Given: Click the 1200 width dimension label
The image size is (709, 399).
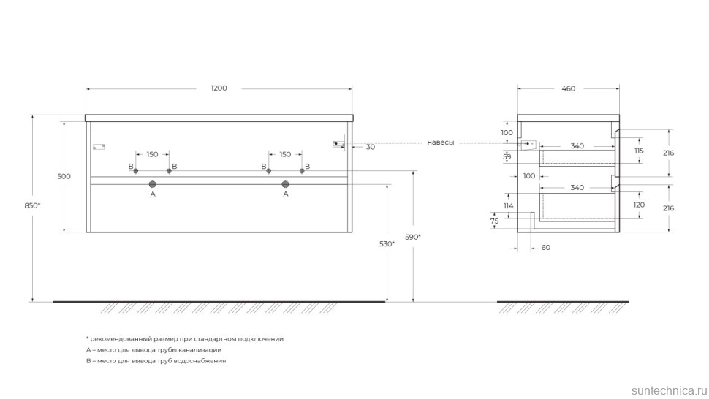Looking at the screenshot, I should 219,88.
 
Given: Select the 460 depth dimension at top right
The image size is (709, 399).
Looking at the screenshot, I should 568,88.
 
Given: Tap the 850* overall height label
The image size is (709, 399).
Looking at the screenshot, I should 31,205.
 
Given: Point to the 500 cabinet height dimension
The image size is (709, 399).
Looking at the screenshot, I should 64,176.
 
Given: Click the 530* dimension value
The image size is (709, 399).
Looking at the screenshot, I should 387,243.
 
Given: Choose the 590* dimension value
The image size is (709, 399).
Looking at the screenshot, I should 413,237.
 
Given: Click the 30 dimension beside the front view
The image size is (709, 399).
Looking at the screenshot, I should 371,147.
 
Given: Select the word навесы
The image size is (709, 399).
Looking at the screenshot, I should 440,143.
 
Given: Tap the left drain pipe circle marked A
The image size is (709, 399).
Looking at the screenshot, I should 153,184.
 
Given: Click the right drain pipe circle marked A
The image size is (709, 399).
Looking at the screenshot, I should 285,184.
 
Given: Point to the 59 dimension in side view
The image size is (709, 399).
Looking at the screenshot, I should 507,156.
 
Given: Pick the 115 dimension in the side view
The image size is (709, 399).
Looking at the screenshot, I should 638,150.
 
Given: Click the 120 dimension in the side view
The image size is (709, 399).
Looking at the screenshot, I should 638,205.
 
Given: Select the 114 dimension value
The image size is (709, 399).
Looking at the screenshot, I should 509,205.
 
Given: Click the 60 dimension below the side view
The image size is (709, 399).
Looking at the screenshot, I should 545,248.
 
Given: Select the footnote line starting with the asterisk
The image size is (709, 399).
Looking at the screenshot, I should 184,339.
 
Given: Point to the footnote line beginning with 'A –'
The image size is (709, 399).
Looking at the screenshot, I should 153,350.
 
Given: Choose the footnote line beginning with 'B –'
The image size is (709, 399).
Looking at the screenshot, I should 156,361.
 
